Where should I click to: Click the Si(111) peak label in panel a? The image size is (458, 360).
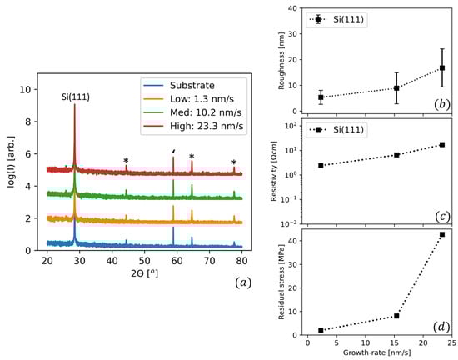coord(75,97)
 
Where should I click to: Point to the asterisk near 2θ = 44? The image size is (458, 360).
coord(126,161)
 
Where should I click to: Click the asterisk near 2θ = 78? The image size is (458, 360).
coord(234,163)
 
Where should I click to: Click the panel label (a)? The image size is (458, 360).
coord(242,282)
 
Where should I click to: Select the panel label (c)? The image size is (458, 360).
coord(442,216)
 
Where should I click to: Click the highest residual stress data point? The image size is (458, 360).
coord(441,234)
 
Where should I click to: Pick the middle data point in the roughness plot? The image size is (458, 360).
coord(397,88)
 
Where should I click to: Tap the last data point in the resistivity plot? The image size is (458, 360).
coord(441,145)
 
